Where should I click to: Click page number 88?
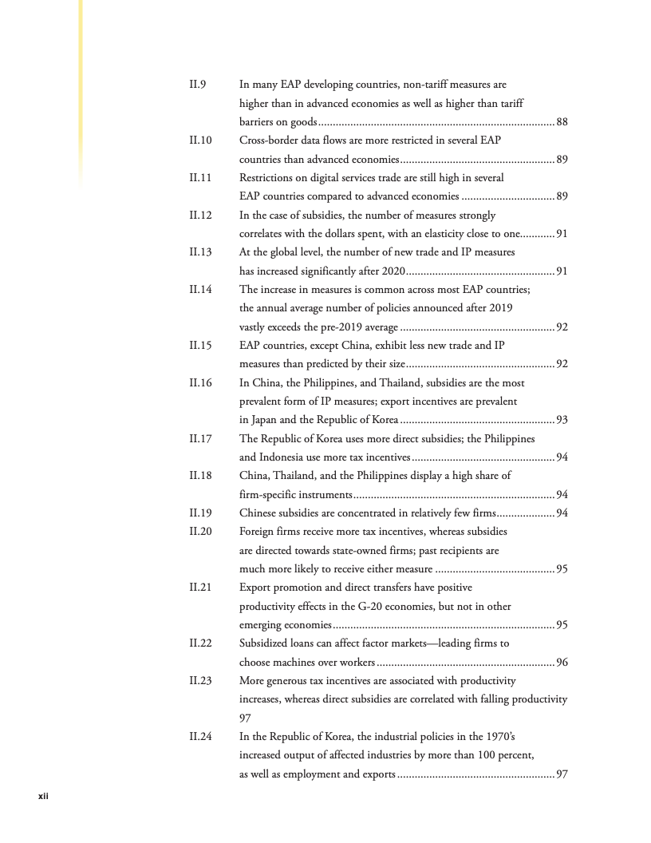[562, 122]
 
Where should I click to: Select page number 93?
[562, 420]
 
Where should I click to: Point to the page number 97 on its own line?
[246, 718]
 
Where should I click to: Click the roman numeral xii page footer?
[45, 795]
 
